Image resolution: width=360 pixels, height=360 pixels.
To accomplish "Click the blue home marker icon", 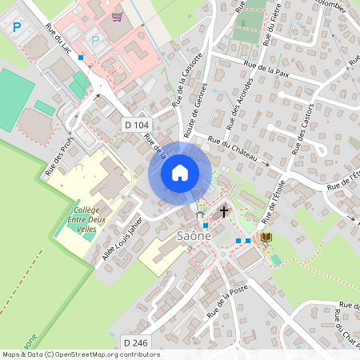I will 180,172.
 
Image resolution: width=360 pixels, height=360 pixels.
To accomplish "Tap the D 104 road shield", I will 137,125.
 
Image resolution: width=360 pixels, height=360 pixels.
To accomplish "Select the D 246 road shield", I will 135,343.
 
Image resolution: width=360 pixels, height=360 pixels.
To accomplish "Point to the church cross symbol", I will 224,212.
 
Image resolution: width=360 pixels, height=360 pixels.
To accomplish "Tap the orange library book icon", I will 266,238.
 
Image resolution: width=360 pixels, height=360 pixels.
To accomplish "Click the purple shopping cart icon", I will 117,16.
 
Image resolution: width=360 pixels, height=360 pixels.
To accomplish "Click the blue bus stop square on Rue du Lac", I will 81,58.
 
